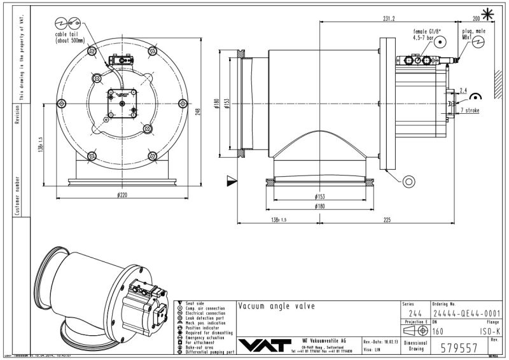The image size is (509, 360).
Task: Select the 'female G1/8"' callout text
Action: [x=427, y=31]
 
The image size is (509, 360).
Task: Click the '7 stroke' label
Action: [x=470, y=111]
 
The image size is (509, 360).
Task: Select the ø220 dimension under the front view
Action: [x=121, y=195]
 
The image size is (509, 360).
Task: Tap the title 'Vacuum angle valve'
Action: [x=276, y=306]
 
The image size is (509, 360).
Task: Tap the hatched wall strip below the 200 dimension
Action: [x=494, y=70]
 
